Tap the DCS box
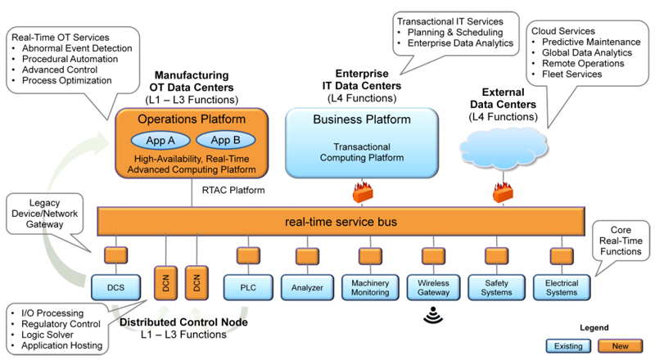[115, 287]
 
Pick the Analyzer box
[308, 287]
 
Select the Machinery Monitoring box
[369, 287]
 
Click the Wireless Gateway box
[429, 287]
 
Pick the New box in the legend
[621, 344]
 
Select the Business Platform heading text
[361, 120]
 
